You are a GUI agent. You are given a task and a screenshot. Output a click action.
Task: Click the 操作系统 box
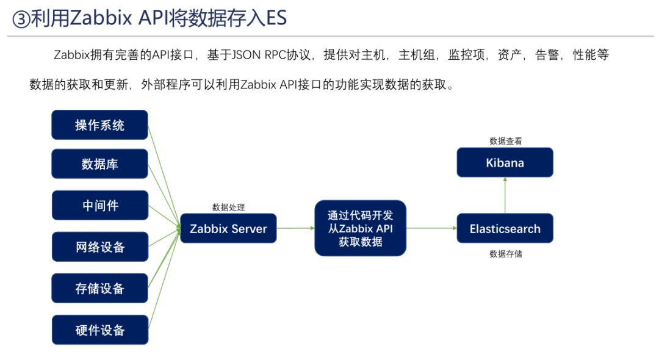99,125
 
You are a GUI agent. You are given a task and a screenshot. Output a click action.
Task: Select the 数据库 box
99,164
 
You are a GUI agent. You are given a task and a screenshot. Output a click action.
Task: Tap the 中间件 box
99,206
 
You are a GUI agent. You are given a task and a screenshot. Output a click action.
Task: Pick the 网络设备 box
99,247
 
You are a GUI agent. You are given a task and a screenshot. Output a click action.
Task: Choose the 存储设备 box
99,289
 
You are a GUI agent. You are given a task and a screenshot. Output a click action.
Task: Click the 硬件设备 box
99,330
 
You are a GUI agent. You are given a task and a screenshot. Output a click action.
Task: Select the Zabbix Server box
228,229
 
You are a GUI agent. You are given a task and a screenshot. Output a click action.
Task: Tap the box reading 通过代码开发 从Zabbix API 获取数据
360,228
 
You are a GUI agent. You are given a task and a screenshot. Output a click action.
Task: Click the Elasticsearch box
505,229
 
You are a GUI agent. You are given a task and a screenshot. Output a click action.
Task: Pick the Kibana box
505,163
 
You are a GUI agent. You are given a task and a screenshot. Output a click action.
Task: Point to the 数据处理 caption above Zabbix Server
228,207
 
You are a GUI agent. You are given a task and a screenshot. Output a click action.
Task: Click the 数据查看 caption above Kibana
505,141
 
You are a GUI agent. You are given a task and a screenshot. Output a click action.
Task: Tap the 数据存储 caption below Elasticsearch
505,254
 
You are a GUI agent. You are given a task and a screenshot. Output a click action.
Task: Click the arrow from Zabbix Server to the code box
295,228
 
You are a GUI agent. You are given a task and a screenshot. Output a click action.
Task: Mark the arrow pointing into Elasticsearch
431,228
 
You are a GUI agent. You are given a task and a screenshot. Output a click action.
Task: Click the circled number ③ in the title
21,19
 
